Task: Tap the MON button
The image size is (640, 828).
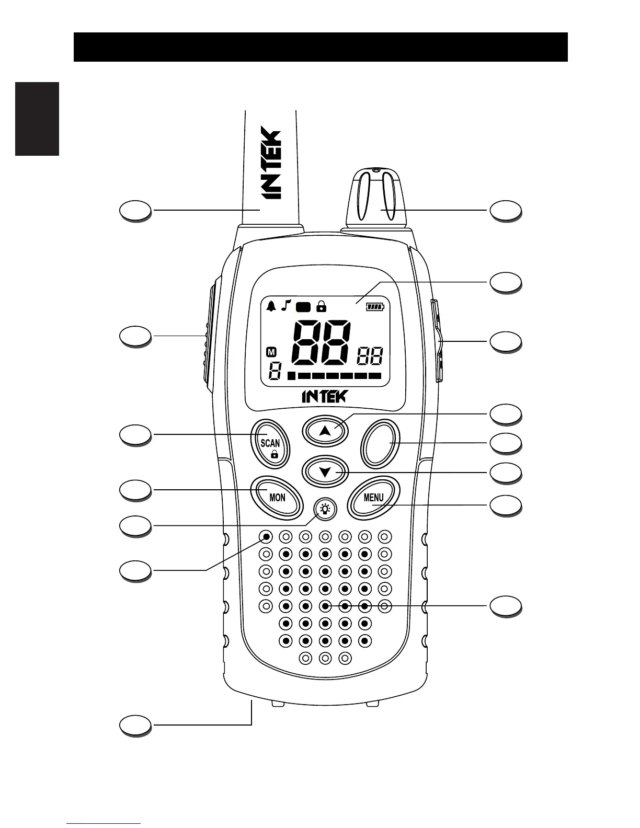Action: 277,497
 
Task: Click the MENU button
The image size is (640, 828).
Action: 373,498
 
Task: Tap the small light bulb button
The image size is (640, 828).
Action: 325,509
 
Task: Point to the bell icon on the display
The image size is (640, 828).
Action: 271,306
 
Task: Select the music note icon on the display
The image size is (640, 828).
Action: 285,306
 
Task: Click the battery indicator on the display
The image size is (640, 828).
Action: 374,307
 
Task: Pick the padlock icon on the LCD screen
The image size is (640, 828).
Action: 321,306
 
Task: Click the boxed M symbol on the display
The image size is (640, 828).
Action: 271,352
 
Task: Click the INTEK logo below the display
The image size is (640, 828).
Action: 324,396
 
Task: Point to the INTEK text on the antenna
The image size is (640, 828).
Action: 271,163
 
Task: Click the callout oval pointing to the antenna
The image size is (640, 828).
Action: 135,211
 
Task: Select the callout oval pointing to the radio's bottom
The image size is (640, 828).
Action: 135,725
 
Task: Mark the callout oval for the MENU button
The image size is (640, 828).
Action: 505,505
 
